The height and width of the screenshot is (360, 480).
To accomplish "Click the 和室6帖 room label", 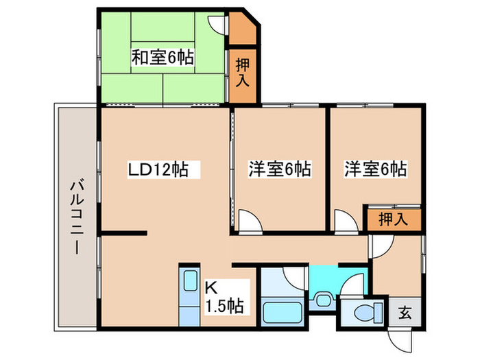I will (162, 58).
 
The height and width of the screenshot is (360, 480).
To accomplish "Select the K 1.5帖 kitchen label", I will (225, 296).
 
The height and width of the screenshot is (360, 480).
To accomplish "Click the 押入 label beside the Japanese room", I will (243, 73).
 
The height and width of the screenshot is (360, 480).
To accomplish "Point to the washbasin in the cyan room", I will (322, 299).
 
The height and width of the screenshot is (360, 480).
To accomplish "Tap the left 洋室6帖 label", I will (279, 168).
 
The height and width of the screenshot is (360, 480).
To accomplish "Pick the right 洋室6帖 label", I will (374, 168).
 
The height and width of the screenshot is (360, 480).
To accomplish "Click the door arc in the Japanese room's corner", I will (218, 21).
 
